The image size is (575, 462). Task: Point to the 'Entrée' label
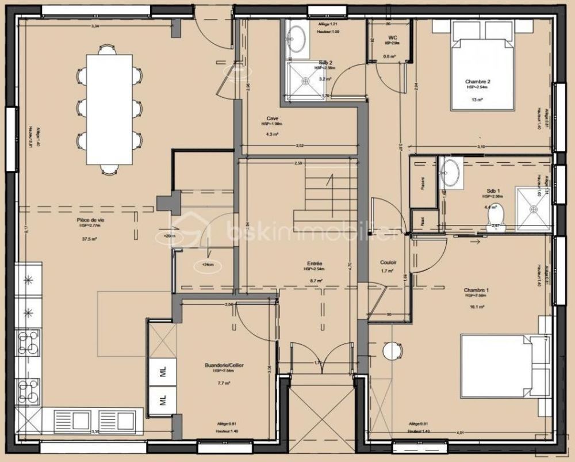point(315,264)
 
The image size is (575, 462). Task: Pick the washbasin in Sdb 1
point(451,172)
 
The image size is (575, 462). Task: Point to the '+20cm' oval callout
point(170,236)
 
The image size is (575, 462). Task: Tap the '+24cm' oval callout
point(205,265)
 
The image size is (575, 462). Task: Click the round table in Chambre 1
point(392,350)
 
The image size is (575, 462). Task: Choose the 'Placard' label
point(423,193)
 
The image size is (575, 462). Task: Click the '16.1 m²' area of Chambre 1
point(476,307)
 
